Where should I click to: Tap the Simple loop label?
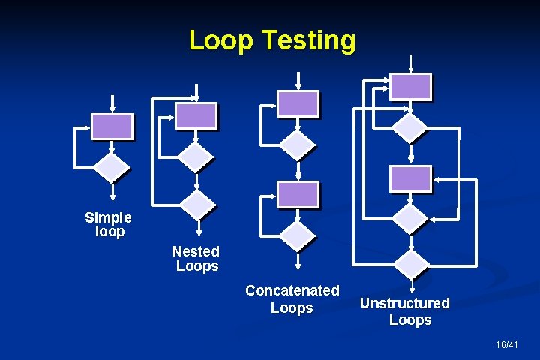coord(108,224)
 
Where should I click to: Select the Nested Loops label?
coord(196,258)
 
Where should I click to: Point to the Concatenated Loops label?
coord(292,298)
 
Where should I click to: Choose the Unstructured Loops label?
coord(406,311)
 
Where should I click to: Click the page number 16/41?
coord(507,344)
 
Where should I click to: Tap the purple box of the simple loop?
coord(112,126)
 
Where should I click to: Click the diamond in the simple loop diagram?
coord(112,169)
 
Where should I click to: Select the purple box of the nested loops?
coord(196,115)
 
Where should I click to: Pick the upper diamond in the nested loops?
coord(196,157)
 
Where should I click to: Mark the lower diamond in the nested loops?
coord(198,203)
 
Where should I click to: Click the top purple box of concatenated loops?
coord(298,103)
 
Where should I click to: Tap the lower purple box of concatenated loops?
coord(298,194)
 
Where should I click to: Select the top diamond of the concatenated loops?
coord(298,144)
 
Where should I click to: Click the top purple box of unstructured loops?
coord(410,86)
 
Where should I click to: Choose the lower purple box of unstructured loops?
coord(411,178)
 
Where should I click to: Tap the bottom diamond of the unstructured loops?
coord(411,264)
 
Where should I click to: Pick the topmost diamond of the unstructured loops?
coord(410,127)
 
